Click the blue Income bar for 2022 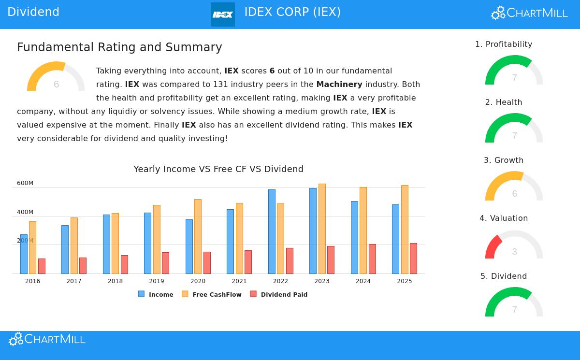[x=272, y=231]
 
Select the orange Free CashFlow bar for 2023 [x=322, y=229]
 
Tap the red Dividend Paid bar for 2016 [x=42, y=266]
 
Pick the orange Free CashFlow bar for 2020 [x=198, y=236]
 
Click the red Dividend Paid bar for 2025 [x=413, y=259]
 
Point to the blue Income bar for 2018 [x=106, y=244]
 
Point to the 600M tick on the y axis [x=25, y=183]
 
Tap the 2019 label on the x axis [x=157, y=281]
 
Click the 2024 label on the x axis [x=363, y=281]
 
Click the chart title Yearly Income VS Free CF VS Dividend [x=218, y=169]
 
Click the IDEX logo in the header [x=223, y=14]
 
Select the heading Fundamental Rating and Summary [x=119, y=47]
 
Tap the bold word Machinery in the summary [x=339, y=84]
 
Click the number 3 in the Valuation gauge [x=514, y=252]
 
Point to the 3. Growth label [x=504, y=160]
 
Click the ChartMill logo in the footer [x=47, y=339]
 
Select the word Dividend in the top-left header [x=33, y=12]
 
